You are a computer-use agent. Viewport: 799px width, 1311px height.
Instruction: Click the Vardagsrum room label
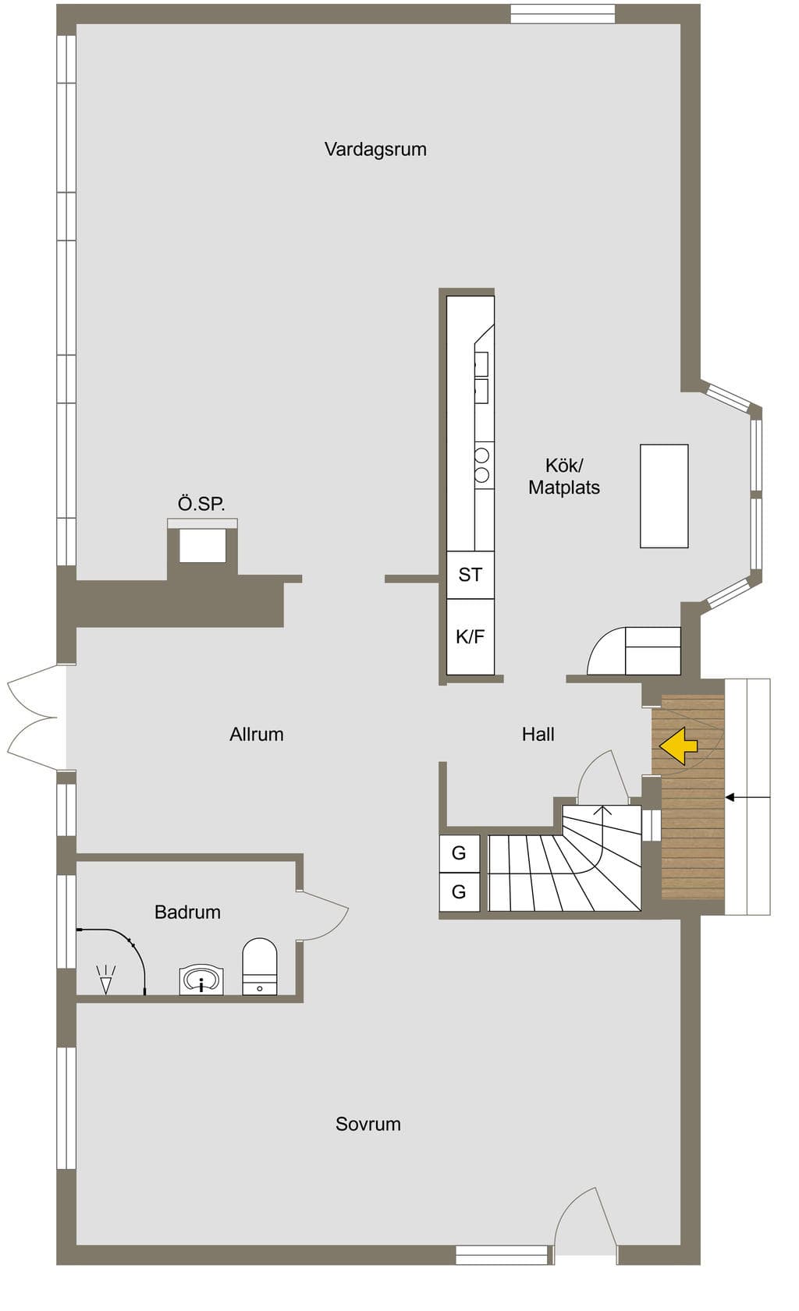pyautogui.click(x=375, y=149)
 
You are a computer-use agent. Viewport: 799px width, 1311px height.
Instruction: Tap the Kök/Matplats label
pyautogui.click(x=563, y=477)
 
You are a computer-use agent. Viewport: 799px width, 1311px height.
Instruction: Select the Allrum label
pyautogui.click(x=257, y=734)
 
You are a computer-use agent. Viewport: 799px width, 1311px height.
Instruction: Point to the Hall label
pyautogui.click(x=538, y=734)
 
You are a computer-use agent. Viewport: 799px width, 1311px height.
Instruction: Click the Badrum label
pyautogui.click(x=187, y=912)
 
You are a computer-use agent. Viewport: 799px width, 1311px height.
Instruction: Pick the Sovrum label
pyautogui.click(x=368, y=1124)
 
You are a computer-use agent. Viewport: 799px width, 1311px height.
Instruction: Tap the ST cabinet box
pyautogui.click(x=470, y=575)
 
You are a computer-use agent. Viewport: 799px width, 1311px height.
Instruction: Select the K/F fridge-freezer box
pyautogui.click(x=470, y=636)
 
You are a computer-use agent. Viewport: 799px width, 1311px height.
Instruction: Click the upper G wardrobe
pyautogui.click(x=460, y=853)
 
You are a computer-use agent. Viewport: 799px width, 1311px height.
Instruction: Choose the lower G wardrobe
pyautogui.click(x=460, y=892)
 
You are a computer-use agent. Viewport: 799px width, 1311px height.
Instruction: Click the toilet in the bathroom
pyautogui.click(x=259, y=966)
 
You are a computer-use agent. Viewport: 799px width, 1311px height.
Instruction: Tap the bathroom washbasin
pyautogui.click(x=201, y=980)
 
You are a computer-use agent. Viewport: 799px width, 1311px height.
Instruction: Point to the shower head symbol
pyautogui.click(x=105, y=980)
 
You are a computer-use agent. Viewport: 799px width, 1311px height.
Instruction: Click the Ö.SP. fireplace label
pyautogui.click(x=201, y=504)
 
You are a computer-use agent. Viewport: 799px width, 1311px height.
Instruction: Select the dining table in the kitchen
pyautogui.click(x=664, y=496)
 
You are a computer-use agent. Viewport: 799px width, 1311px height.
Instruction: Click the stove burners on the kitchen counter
pyautogui.click(x=482, y=465)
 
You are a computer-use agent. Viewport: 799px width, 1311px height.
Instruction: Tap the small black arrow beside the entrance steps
pyautogui.click(x=748, y=797)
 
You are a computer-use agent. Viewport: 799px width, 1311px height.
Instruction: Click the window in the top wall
pyautogui.click(x=563, y=14)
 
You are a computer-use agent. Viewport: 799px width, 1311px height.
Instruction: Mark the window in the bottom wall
pyautogui.click(x=502, y=1256)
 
